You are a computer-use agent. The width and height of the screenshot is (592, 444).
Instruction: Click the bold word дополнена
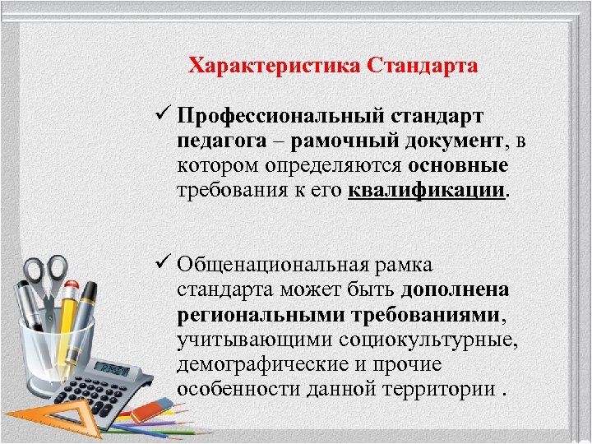[x=455, y=290]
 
